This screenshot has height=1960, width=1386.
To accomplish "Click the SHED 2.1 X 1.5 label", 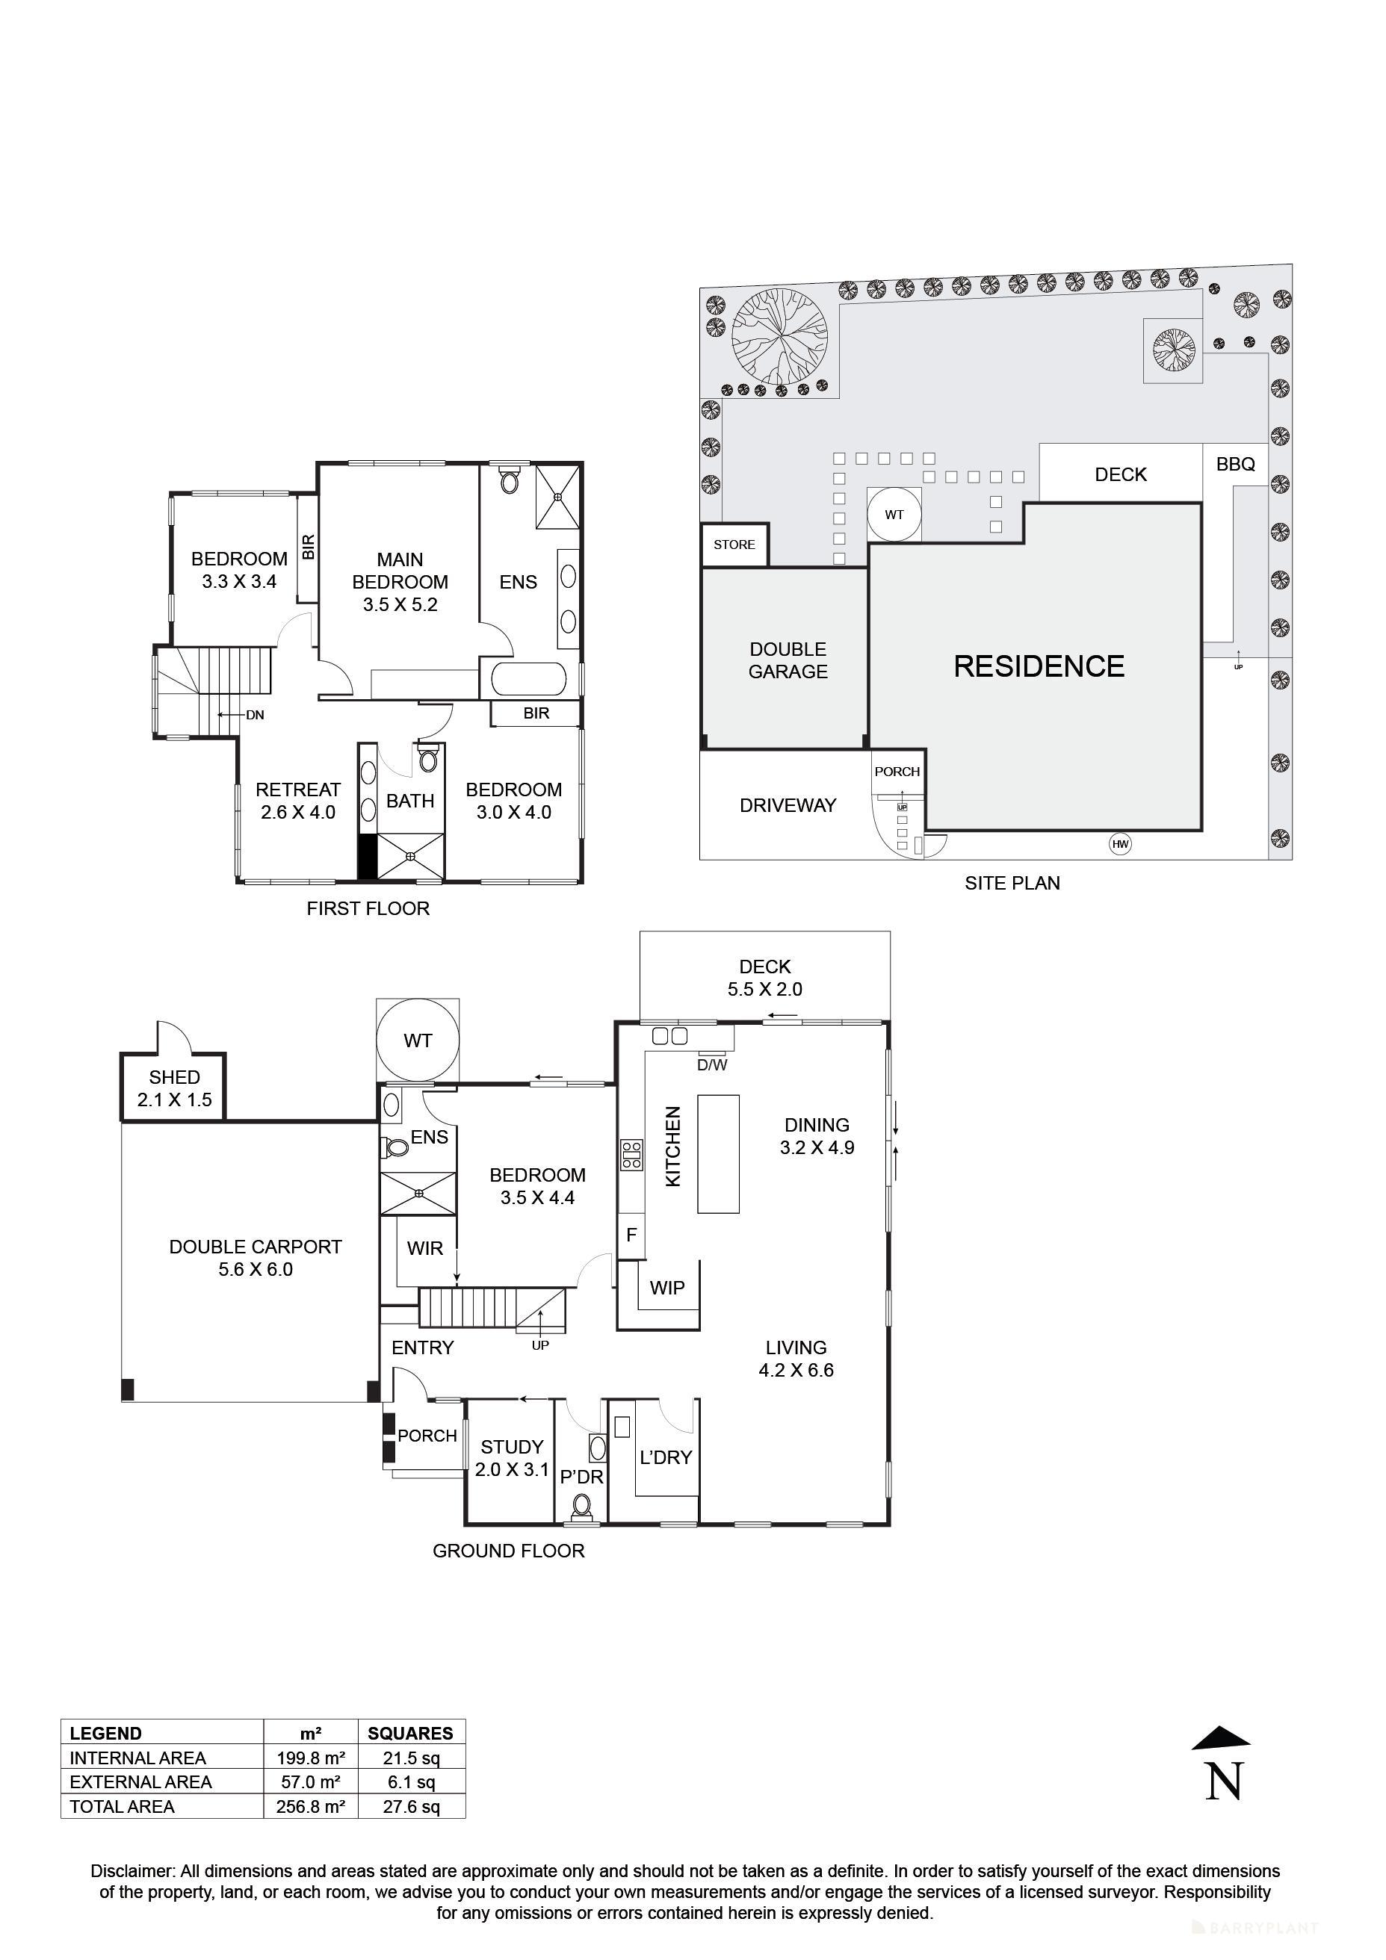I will tap(174, 1088).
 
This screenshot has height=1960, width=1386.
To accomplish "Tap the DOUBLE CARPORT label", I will tap(256, 1257).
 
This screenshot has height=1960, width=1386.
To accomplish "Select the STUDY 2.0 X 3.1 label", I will tap(512, 1458).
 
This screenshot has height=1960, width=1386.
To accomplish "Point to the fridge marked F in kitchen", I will tap(631, 1235).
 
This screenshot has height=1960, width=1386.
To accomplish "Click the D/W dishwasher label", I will tap(711, 1065).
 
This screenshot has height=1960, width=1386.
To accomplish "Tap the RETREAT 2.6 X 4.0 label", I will tap(298, 801).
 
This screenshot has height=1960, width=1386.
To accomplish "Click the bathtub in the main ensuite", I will tap(528, 680).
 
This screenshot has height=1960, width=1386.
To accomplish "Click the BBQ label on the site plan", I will tap(1235, 465).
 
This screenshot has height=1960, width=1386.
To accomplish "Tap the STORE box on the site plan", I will tap(734, 545).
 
